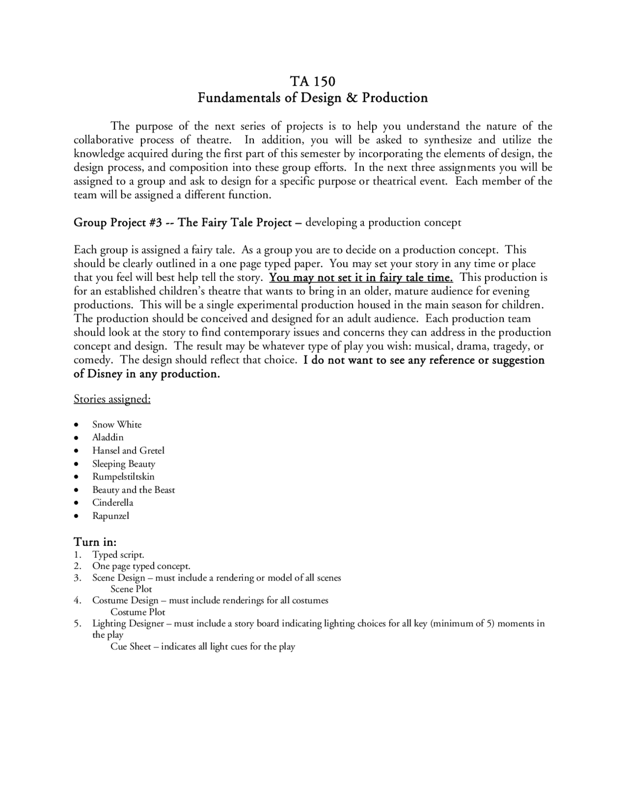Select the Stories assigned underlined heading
(112, 399)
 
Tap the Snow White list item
(117, 425)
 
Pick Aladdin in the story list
(108, 437)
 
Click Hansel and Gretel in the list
(128, 450)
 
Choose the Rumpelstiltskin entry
(123, 476)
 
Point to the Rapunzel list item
(111, 516)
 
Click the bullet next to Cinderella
(76, 503)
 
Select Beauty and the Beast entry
(134, 490)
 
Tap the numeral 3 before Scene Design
(77, 578)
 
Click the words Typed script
(118, 555)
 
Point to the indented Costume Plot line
(137, 612)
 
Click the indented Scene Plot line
(131, 589)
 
